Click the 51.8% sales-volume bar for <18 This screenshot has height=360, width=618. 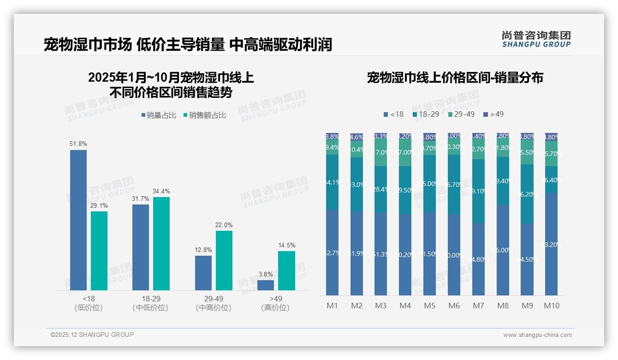click(78, 220)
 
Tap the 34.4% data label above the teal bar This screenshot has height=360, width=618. click(161, 191)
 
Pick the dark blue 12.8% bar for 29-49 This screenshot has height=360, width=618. click(203, 273)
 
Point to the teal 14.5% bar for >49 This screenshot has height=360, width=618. click(286, 270)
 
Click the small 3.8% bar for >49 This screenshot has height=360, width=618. click(266, 285)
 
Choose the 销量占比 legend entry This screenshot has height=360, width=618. click(159, 115)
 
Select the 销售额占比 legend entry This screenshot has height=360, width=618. click(205, 115)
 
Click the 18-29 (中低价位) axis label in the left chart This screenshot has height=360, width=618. click(150, 303)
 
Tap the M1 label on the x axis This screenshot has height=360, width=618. click(333, 306)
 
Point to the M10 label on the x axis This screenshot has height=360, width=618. click(552, 306)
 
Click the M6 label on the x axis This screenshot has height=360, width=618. click(454, 306)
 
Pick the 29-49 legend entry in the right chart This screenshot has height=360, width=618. click(461, 114)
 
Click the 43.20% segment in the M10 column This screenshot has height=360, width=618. click(552, 244)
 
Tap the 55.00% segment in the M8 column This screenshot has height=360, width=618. click(503, 250)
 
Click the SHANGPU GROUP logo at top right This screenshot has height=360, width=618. click(536, 39)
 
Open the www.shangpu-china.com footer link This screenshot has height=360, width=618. click(537, 335)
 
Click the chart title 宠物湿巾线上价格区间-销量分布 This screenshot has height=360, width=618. click(455, 78)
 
